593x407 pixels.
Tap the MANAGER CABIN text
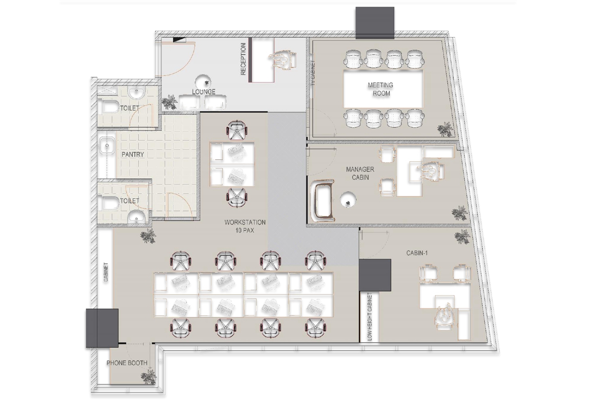tap(360, 173)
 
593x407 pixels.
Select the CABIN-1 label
tap(417, 253)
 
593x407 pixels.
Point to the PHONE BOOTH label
tap(127, 363)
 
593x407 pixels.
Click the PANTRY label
tap(132, 154)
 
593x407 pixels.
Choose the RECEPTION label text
tap(243, 59)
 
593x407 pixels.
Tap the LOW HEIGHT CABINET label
tap(370, 317)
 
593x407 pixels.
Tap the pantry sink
tap(108, 145)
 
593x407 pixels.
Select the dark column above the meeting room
tap(375, 23)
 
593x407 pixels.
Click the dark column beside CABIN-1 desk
tap(375, 275)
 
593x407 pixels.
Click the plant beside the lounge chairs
tap(169, 103)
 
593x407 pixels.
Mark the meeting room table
tap(383, 89)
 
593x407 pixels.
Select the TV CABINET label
tap(313, 72)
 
